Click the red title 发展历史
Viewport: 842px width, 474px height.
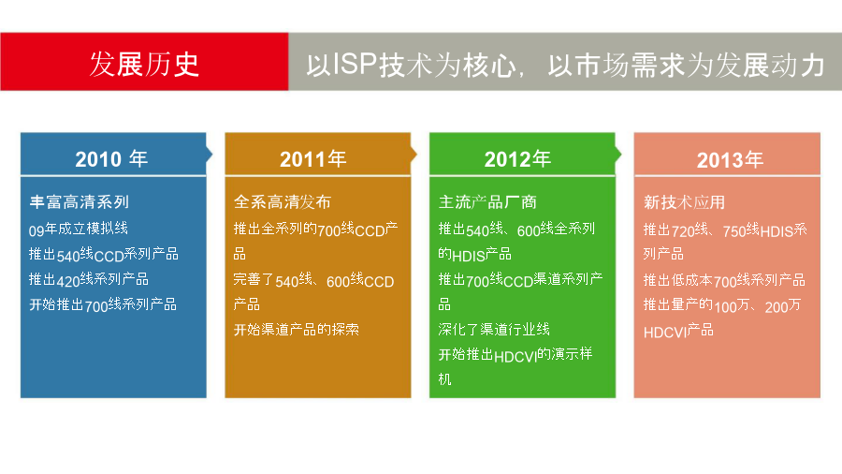tap(144, 65)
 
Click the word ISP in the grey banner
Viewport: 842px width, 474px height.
tap(354, 64)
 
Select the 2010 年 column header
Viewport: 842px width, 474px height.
tap(111, 159)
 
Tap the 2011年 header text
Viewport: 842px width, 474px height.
tap(313, 159)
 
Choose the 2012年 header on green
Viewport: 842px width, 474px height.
tap(517, 159)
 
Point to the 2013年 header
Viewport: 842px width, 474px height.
tap(730, 160)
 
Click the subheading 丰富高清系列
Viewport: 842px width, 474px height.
tap(79, 202)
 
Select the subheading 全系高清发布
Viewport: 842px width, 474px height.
tap(283, 202)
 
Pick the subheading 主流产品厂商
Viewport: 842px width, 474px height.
tap(487, 202)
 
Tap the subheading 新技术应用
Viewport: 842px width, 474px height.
tap(684, 202)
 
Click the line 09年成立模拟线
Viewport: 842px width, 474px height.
tap(79, 229)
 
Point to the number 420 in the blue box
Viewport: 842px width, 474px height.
tap(68, 280)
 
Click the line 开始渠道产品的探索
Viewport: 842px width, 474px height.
tap(297, 330)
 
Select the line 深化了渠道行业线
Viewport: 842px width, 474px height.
tap(494, 330)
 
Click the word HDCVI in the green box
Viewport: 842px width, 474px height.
tap(515, 357)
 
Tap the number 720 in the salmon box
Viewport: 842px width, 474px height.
tap(683, 231)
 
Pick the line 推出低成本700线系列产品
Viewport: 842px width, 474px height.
tap(724, 280)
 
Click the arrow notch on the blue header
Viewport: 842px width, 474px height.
tap(210, 155)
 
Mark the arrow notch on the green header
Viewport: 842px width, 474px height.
tap(618, 155)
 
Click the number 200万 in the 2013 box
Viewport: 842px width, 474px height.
tap(783, 306)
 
